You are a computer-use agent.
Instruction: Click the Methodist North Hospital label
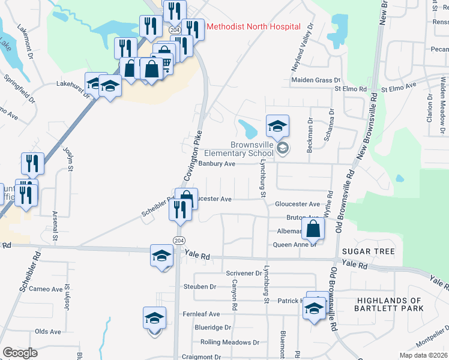[253, 27]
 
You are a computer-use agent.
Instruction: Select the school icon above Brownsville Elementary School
[277, 126]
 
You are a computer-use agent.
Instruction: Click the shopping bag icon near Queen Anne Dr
[313, 228]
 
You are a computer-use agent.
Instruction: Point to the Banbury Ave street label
[215, 163]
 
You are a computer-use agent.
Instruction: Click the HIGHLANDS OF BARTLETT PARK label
[390, 304]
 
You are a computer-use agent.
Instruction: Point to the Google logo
[20, 353]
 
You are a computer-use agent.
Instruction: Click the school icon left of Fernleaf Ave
[154, 318]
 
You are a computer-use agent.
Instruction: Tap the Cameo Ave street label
[46, 289]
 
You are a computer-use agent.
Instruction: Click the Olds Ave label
[47, 331]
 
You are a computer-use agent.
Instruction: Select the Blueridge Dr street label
[213, 328]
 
